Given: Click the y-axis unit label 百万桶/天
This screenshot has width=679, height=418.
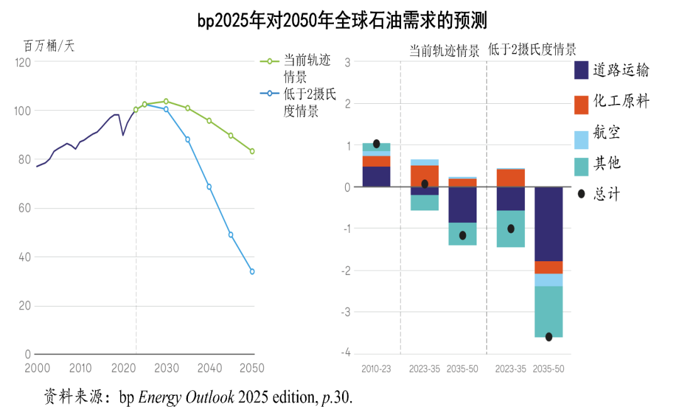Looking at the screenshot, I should pyautogui.click(x=49, y=46).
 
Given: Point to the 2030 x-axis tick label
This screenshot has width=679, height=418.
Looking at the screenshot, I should pyautogui.click(x=167, y=368).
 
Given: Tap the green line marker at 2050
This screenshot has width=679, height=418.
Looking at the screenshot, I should pyautogui.click(x=252, y=151).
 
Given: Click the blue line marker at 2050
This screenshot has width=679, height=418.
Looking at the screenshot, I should pyautogui.click(x=252, y=271).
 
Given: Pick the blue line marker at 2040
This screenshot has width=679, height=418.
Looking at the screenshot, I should pyautogui.click(x=209, y=187).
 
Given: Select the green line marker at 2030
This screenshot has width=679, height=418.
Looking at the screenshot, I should pyautogui.click(x=166, y=101).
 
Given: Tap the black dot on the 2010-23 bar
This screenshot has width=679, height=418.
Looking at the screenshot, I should pyautogui.click(x=377, y=144).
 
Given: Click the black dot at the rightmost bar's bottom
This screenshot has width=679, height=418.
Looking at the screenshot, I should pyautogui.click(x=549, y=337).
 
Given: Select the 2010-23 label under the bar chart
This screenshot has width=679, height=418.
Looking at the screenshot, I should pyautogui.click(x=376, y=369).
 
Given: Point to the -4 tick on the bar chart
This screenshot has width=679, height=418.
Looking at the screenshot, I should pyautogui.click(x=346, y=353).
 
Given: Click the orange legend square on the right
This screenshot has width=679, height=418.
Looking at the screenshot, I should pyautogui.click(x=582, y=105).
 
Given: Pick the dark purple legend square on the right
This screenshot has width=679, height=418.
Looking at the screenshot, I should pyautogui.click(x=582, y=70).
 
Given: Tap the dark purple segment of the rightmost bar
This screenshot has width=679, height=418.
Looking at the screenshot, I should pyautogui.click(x=549, y=223).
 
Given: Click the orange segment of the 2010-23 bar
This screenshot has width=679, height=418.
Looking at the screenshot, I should pyautogui.click(x=377, y=161).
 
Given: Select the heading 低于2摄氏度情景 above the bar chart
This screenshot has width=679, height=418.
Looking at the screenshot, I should pyautogui.click(x=532, y=50).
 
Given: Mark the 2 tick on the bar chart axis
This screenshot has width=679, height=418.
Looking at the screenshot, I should pyautogui.click(x=348, y=103).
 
